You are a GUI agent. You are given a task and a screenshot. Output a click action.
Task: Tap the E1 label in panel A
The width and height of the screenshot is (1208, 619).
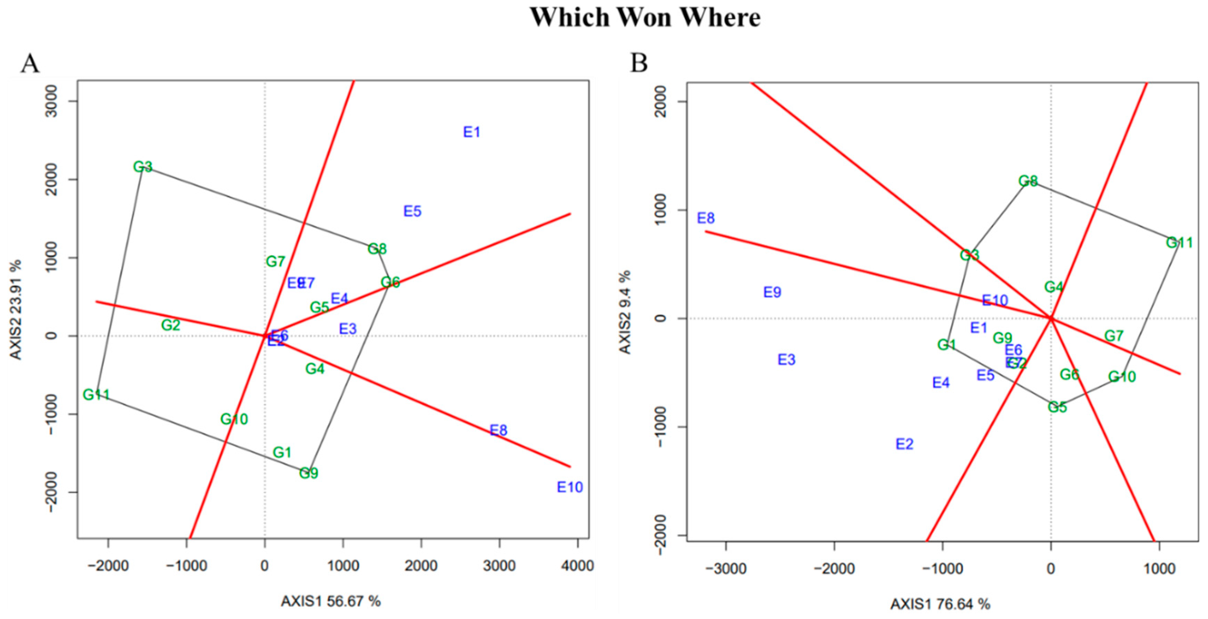pos(472,132)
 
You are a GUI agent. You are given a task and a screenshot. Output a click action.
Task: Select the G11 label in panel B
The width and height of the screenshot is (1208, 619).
pos(1179,243)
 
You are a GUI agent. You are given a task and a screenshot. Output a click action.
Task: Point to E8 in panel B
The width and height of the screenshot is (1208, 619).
pos(706,218)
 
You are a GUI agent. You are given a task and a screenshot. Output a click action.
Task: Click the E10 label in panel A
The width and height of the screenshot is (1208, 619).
pos(570,487)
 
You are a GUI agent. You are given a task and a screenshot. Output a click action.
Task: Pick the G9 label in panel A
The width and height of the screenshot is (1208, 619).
pos(309,473)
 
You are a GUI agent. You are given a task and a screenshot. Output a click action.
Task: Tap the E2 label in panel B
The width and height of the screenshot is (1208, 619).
pos(905,444)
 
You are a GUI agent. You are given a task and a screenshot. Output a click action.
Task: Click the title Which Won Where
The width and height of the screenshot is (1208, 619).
pos(645,18)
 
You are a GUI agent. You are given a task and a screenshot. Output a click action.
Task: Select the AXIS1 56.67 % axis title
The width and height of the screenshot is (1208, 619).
pos(331,601)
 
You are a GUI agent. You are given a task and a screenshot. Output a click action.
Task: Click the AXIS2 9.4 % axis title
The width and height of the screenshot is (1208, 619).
pos(625,312)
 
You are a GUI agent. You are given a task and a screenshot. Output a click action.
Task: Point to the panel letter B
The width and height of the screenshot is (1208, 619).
pos(639,63)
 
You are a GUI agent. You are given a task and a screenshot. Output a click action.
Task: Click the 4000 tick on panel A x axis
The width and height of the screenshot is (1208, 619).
pos(578,566)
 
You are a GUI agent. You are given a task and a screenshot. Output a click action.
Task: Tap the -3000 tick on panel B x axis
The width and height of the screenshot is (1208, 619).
pos(726,569)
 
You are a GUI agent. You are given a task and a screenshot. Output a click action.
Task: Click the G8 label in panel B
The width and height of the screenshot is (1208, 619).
pos(1028,181)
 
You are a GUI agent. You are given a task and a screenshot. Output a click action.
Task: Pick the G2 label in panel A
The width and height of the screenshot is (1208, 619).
pos(171,325)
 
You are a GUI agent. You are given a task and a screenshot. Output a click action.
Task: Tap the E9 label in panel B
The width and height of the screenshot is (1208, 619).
pos(772,293)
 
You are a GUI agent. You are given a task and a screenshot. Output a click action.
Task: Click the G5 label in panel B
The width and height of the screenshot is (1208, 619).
pos(1058,407)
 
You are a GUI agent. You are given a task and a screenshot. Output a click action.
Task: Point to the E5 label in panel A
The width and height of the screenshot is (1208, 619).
pos(413,211)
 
